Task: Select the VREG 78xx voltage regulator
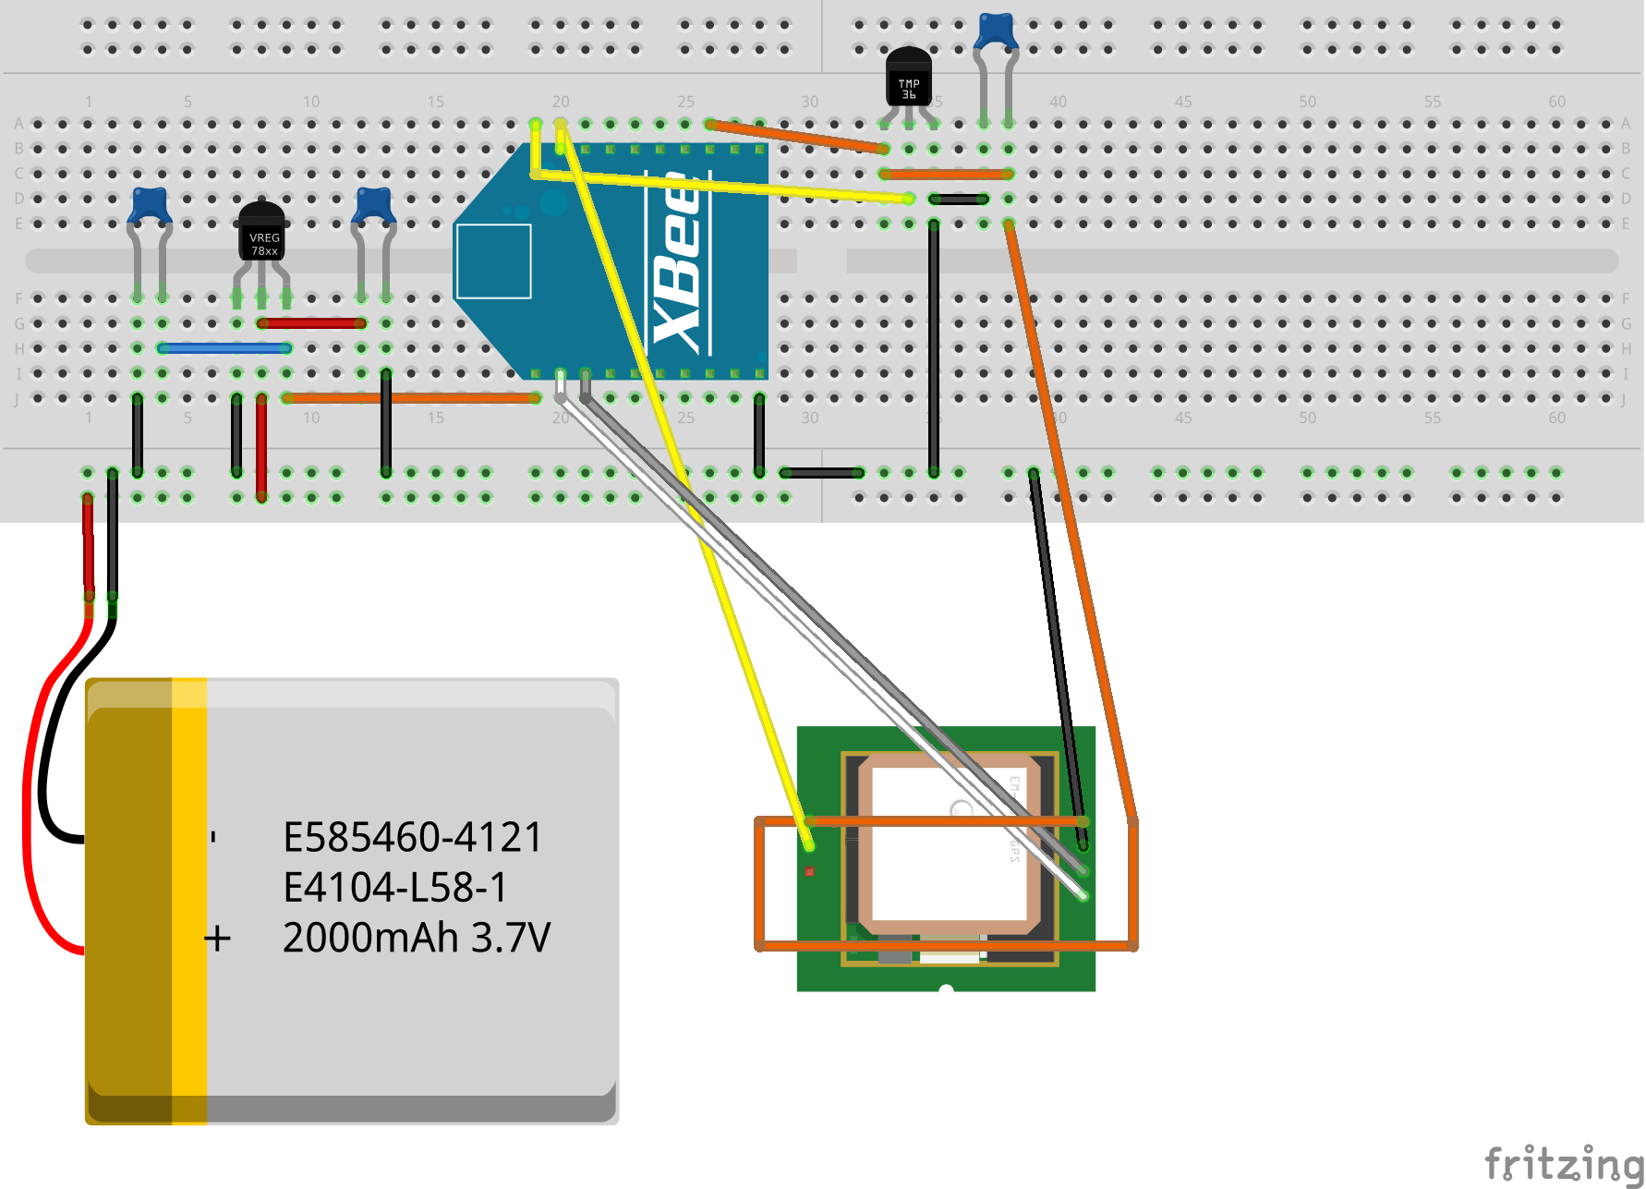tap(262, 236)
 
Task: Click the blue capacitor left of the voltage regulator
tap(150, 204)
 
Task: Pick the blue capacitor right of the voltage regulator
tap(373, 204)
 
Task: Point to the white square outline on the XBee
tap(493, 261)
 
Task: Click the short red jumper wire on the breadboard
tap(312, 323)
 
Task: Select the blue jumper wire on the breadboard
tap(224, 348)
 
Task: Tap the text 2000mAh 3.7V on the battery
tap(416, 938)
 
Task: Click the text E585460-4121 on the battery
tap(412, 838)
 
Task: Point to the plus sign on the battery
tap(218, 939)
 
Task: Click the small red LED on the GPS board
tap(809, 871)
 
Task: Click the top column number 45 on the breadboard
tap(1182, 102)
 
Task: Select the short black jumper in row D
tap(959, 199)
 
